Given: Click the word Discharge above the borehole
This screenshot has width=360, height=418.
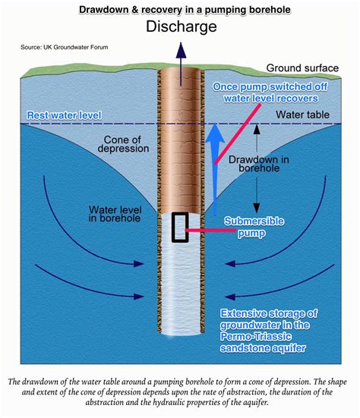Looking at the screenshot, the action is [x=182, y=27].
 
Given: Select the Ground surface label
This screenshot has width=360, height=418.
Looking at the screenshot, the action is [x=302, y=68].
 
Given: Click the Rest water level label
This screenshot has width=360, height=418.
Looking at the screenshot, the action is [x=64, y=115].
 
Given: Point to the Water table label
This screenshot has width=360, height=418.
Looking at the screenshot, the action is [x=302, y=115].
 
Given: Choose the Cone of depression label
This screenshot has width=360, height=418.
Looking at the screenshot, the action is [x=123, y=144].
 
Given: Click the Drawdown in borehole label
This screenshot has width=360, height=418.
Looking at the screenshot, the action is [x=259, y=164].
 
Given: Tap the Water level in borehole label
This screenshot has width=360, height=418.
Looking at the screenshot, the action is [x=115, y=214].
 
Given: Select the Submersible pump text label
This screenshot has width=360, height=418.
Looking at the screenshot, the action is [x=254, y=227].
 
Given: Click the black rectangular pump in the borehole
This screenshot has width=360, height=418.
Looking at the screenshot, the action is [x=180, y=228].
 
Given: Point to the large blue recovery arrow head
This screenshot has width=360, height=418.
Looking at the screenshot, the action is [x=215, y=134].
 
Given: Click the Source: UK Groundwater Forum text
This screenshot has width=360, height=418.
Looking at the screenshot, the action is [x=65, y=47].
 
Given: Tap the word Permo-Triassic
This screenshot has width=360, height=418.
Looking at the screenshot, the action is [x=255, y=336].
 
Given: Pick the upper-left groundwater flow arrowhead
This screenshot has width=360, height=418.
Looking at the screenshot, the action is [x=139, y=264].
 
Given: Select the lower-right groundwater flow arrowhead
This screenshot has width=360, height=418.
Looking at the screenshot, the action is [x=230, y=297].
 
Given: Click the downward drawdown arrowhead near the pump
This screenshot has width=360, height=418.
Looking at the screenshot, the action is [x=257, y=208].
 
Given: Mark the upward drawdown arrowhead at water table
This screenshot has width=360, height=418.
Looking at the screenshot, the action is [x=257, y=129].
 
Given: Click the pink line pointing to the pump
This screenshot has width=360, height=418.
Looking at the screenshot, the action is [x=210, y=230].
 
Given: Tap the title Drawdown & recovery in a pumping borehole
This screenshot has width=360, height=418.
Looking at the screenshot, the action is [x=185, y=10].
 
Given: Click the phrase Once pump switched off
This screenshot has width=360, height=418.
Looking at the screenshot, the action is [x=270, y=86].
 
